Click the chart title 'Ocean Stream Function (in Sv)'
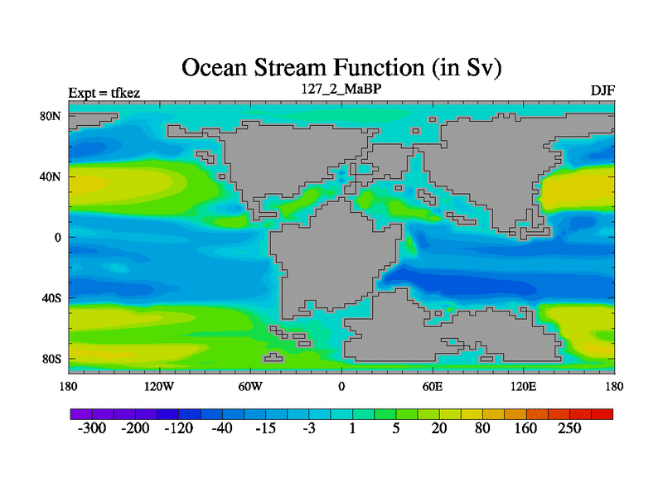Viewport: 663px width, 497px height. pyautogui.click(x=341, y=68)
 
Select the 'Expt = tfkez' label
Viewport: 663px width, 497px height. pyautogui.click(x=104, y=93)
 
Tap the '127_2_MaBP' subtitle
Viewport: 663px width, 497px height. pyautogui.click(x=341, y=89)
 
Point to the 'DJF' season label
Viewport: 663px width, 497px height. pyautogui.click(x=603, y=90)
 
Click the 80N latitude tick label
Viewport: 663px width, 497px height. pyautogui.click(x=51, y=116)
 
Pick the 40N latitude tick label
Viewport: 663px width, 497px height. pyautogui.click(x=51, y=176)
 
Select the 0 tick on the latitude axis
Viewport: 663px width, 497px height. pyautogui.click(x=57, y=238)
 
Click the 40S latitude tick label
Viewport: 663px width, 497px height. pyautogui.click(x=51, y=298)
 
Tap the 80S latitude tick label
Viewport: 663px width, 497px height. pyautogui.click(x=51, y=359)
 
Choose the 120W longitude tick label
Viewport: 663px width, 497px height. pyautogui.click(x=159, y=386)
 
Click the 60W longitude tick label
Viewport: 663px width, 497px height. pyautogui.click(x=250, y=386)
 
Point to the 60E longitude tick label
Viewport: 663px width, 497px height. pyautogui.click(x=433, y=386)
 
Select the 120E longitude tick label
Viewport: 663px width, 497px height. pyautogui.click(x=524, y=386)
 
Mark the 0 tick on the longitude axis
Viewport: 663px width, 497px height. pyautogui.click(x=341, y=386)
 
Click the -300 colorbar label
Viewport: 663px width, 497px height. pyautogui.click(x=92, y=428)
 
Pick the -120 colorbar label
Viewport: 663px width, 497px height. pyautogui.click(x=178, y=428)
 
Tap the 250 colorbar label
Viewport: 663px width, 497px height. pyautogui.click(x=569, y=428)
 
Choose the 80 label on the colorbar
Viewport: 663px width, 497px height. pyautogui.click(x=482, y=428)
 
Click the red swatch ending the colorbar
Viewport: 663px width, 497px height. pyautogui.click(x=603, y=414)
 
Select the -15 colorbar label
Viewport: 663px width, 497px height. pyautogui.click(x=265, y=428)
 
